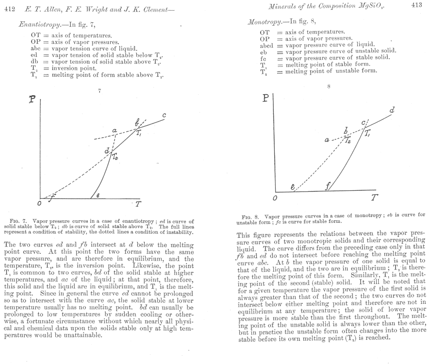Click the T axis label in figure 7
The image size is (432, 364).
pos(138,204)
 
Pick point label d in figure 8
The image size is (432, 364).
pos(391,111)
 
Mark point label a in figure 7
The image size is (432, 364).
pos(114,131)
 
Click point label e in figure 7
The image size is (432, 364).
pos(98,195)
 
